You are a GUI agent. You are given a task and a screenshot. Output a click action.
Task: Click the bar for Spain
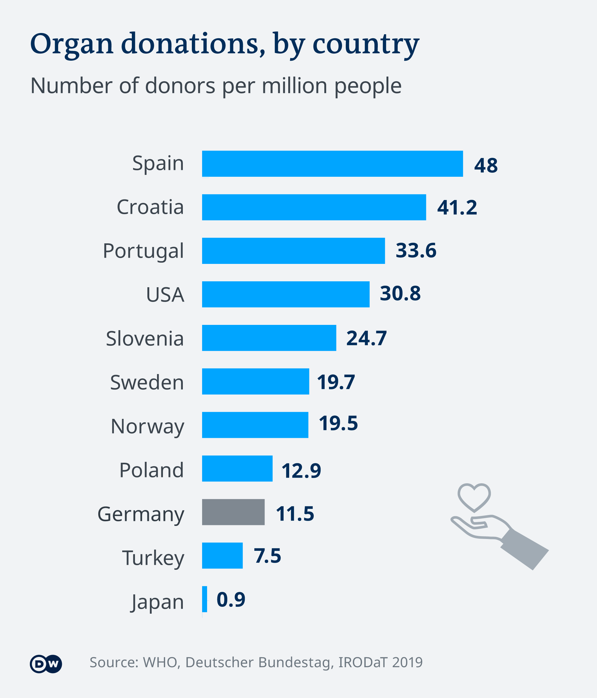click(332, 164)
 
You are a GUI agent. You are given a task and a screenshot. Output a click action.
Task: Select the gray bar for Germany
click(233, 512)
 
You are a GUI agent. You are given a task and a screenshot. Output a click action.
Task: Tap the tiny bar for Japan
click(205, 599)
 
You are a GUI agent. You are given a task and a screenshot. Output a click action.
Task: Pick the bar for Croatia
click(314, 207)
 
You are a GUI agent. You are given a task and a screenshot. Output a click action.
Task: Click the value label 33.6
click(416, 251)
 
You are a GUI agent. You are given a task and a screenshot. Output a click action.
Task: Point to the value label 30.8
click(400, 293)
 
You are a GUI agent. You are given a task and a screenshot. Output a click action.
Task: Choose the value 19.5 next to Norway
click(338, 424)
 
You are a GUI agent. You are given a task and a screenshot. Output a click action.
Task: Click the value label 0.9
click(231, 599)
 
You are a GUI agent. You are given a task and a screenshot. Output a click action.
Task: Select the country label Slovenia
click(145, 338)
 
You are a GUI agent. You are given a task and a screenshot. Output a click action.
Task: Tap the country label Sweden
click(147, 382)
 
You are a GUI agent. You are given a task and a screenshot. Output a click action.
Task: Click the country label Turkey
click(153, 558)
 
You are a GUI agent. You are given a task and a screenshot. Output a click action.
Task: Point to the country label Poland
click(151, 470)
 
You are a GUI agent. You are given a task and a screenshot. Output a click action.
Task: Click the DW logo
click(46, 664)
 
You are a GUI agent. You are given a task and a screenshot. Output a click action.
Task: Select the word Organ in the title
click(72, 44)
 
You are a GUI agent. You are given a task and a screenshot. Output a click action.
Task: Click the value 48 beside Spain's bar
click(486, 166)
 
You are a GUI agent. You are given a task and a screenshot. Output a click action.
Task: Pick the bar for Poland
click(237, 468)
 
